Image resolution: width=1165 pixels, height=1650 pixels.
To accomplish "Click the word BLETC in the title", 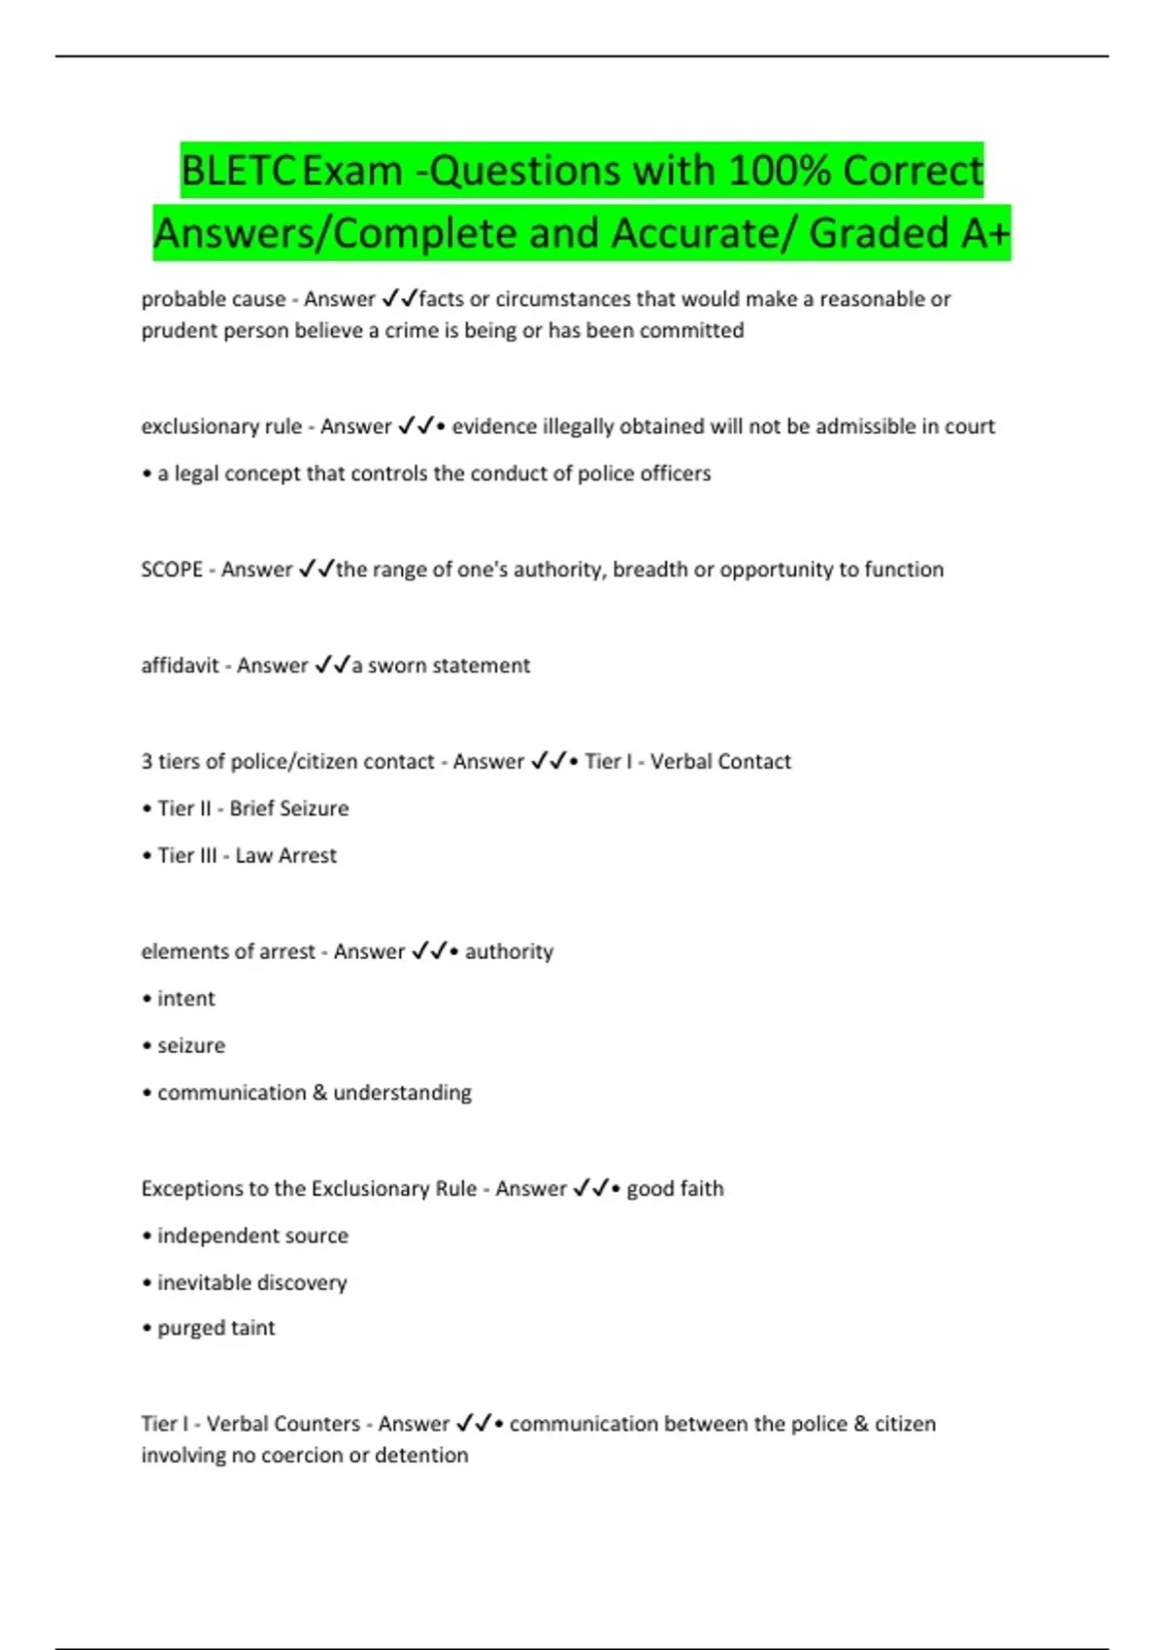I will click(x=238, y=171).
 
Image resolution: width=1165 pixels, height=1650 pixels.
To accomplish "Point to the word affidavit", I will click(x=180, y=666).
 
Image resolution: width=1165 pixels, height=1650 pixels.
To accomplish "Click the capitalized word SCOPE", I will click(x=172, y=570).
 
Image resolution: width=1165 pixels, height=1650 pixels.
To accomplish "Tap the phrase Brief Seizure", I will click(x=288, y=808).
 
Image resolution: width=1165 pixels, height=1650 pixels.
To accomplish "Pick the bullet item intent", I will click(x=185, y=999).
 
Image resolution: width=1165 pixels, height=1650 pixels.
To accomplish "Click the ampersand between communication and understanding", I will click(x=319, y=1093).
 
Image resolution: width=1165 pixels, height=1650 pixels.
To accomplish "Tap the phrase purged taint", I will click(x=216, y=1328).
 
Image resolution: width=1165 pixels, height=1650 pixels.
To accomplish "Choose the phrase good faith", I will click(x=675, y=1189).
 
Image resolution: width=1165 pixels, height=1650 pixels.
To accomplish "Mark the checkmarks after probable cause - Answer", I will click(x=399, y=299).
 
